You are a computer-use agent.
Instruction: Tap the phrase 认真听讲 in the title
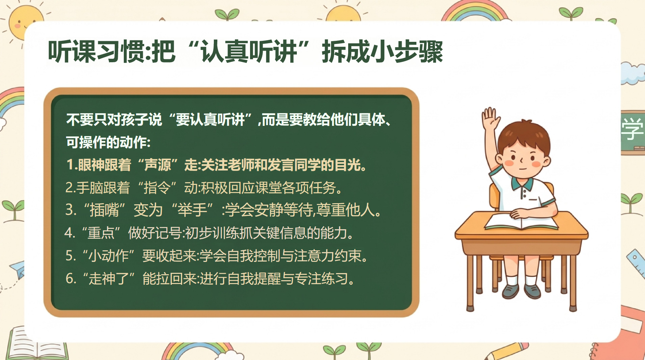(249, 52)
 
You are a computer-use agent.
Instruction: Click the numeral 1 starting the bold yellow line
(70, 165)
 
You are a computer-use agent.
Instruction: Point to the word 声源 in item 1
(158, 165)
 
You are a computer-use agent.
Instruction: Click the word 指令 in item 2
(157, 188)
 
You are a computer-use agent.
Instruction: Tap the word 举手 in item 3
(192, 210)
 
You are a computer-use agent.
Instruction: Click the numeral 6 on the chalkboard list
(70, 279)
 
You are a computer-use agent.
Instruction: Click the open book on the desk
(521, 221)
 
